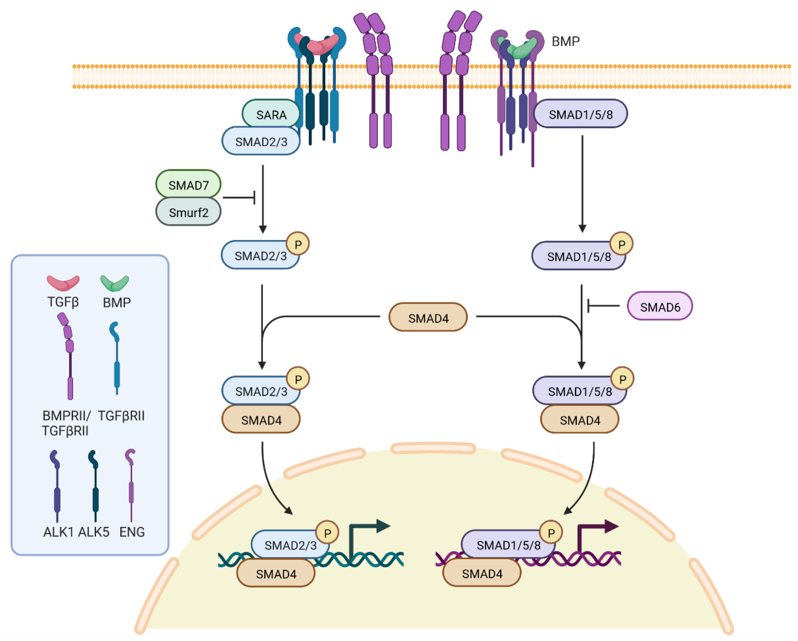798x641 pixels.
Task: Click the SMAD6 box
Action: (x=660, y=306)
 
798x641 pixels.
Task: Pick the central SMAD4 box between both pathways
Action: (x=428, y=317)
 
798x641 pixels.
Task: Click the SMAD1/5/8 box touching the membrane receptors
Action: (x=580, y=114)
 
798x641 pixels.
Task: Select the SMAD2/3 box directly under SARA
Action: (x=261, y=141)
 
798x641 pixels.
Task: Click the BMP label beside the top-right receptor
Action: (x=565, y=41)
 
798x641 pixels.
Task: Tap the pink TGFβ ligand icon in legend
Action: (x=63, y=283)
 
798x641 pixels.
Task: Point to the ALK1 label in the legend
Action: (x=58, y=532)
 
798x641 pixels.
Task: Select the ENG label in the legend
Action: (x=132, y=532)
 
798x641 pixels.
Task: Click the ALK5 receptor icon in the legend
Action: (x=95, y=485)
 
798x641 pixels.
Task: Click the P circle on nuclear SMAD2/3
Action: (x=327, y=532)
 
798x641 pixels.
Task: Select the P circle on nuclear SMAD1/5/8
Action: (x=551, y=532)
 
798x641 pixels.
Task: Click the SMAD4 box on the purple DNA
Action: (x=482, y=574)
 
